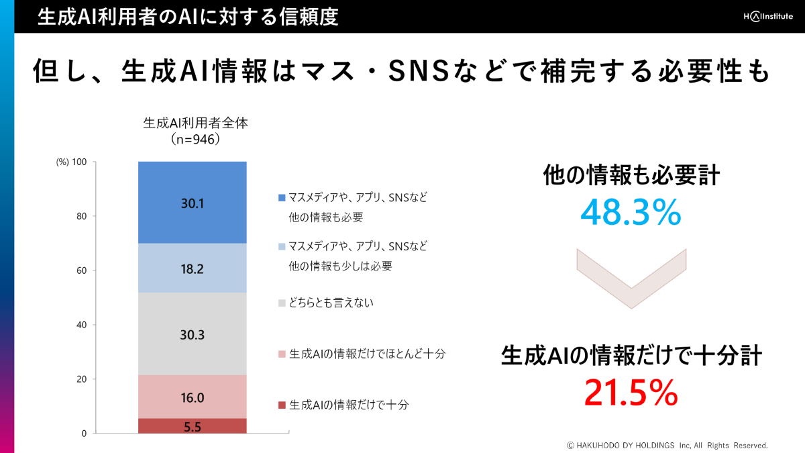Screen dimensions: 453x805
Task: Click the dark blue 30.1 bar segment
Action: tap(193, 202)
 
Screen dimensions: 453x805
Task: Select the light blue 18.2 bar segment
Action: tap(193, 268)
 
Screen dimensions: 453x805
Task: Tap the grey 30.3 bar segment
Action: tap(193, 334)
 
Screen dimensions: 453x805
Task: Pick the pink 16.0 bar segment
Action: tap(193, 397)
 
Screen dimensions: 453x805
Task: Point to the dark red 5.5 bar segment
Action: tap(193, 425)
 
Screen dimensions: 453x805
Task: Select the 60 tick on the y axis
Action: tap(82, 270)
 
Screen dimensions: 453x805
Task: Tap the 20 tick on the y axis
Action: tap(82, 379)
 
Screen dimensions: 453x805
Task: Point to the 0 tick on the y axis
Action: tap(84, 434)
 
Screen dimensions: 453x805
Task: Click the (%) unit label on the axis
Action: tap(62, 162)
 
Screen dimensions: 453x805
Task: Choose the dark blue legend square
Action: tap(281, 198)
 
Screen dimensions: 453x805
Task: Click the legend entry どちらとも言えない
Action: tap(331, 303)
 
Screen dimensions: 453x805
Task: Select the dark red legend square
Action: tap(281, 405)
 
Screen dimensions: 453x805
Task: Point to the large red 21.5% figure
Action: tap(631, 393)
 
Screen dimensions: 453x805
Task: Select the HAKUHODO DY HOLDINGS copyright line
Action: tap(667, 445)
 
